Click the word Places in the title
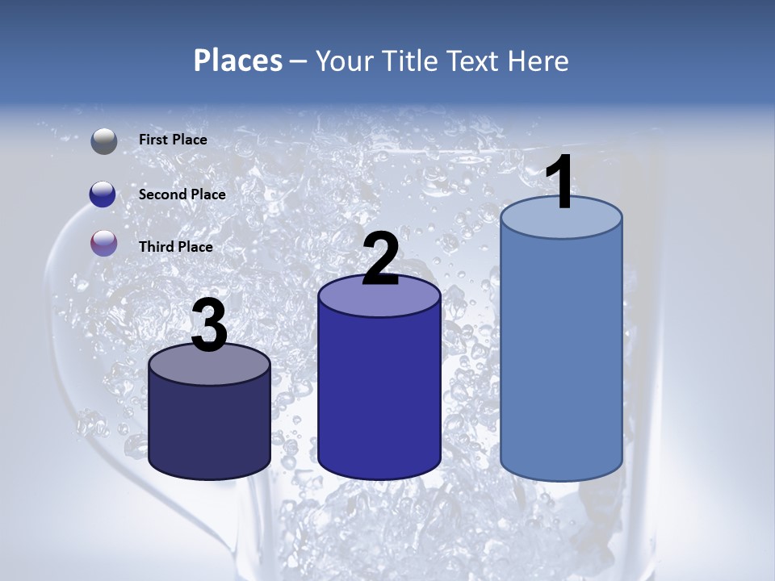(x=238, y=61)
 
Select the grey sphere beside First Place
(x=104, y=140)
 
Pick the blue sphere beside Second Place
(x=103, y=194)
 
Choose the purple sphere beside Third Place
(x=104, y=244)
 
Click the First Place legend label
(x=173, y=140)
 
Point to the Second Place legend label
(x=182, y=194)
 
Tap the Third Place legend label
(x=175, y=247)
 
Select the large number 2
(x=380, y=260)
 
